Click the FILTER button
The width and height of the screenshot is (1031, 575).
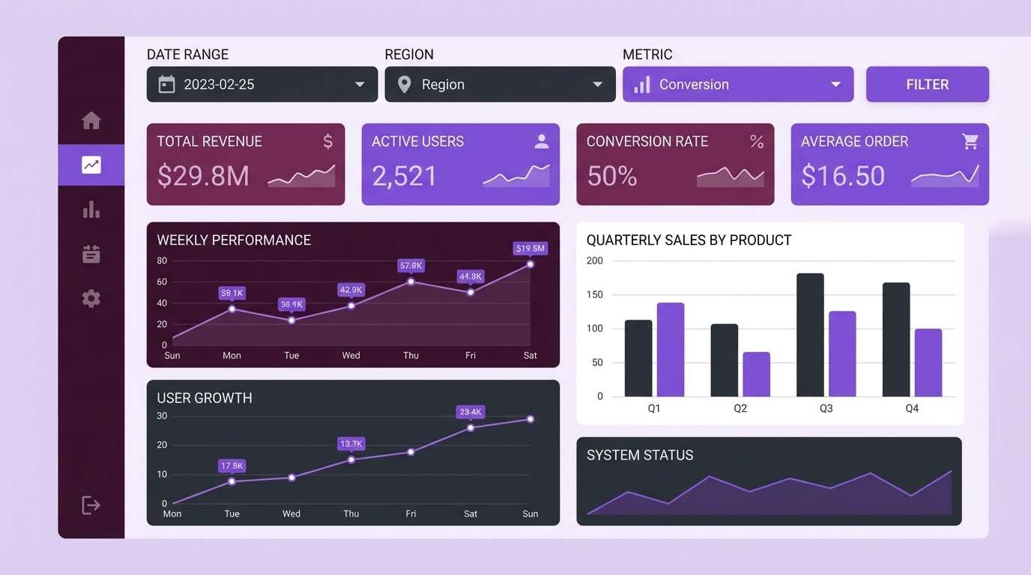pyautogui.click(x=927, y=85)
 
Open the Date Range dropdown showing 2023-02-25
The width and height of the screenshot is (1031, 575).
pyautogui.click(x=261, y=85)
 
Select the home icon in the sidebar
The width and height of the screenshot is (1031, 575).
pyautogui.click(x=91, y=121)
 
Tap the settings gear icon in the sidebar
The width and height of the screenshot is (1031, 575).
pyautogui.click(x=91, y=299)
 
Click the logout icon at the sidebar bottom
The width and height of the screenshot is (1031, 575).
pyautogui.click(x=91, y=505)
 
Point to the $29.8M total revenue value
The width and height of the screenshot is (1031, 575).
pyautogui.click(x=203, y=176)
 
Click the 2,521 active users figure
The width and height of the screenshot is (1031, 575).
pyautogui.click(x=405, y=176)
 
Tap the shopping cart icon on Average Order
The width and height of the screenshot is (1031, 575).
pyautogui.click(x=970, y=142)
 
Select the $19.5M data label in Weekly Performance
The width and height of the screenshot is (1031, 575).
pyautogui.click(x=530, y=248)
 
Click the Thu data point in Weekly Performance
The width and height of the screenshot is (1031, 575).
pyautogui.click(x=411, y=282)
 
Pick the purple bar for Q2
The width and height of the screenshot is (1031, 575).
pyautogui.click(x=756, y=374)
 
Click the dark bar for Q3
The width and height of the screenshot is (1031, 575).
pyautogui.click(x=810, y=335)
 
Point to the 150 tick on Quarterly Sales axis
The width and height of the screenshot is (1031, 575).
pyautogui.click(x=594, y=295)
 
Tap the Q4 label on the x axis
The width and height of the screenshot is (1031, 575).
pyautogui.click(x=912, y=409)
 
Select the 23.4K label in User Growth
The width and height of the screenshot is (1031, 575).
pyautogui.click(x=471, y=412)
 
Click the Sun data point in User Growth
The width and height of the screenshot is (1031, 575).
pyautogui.click(x=530, y=419)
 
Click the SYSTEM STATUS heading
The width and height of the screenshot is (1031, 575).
pyautogui.click(x=640, y=455)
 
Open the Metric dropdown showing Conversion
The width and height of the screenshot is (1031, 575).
pyautogui.click(x=737, y=85)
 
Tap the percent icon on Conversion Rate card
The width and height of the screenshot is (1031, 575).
pyautogui.click(x=757, y=142)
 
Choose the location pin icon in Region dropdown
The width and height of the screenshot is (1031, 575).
pyautogui.click(x=405, y=85)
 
